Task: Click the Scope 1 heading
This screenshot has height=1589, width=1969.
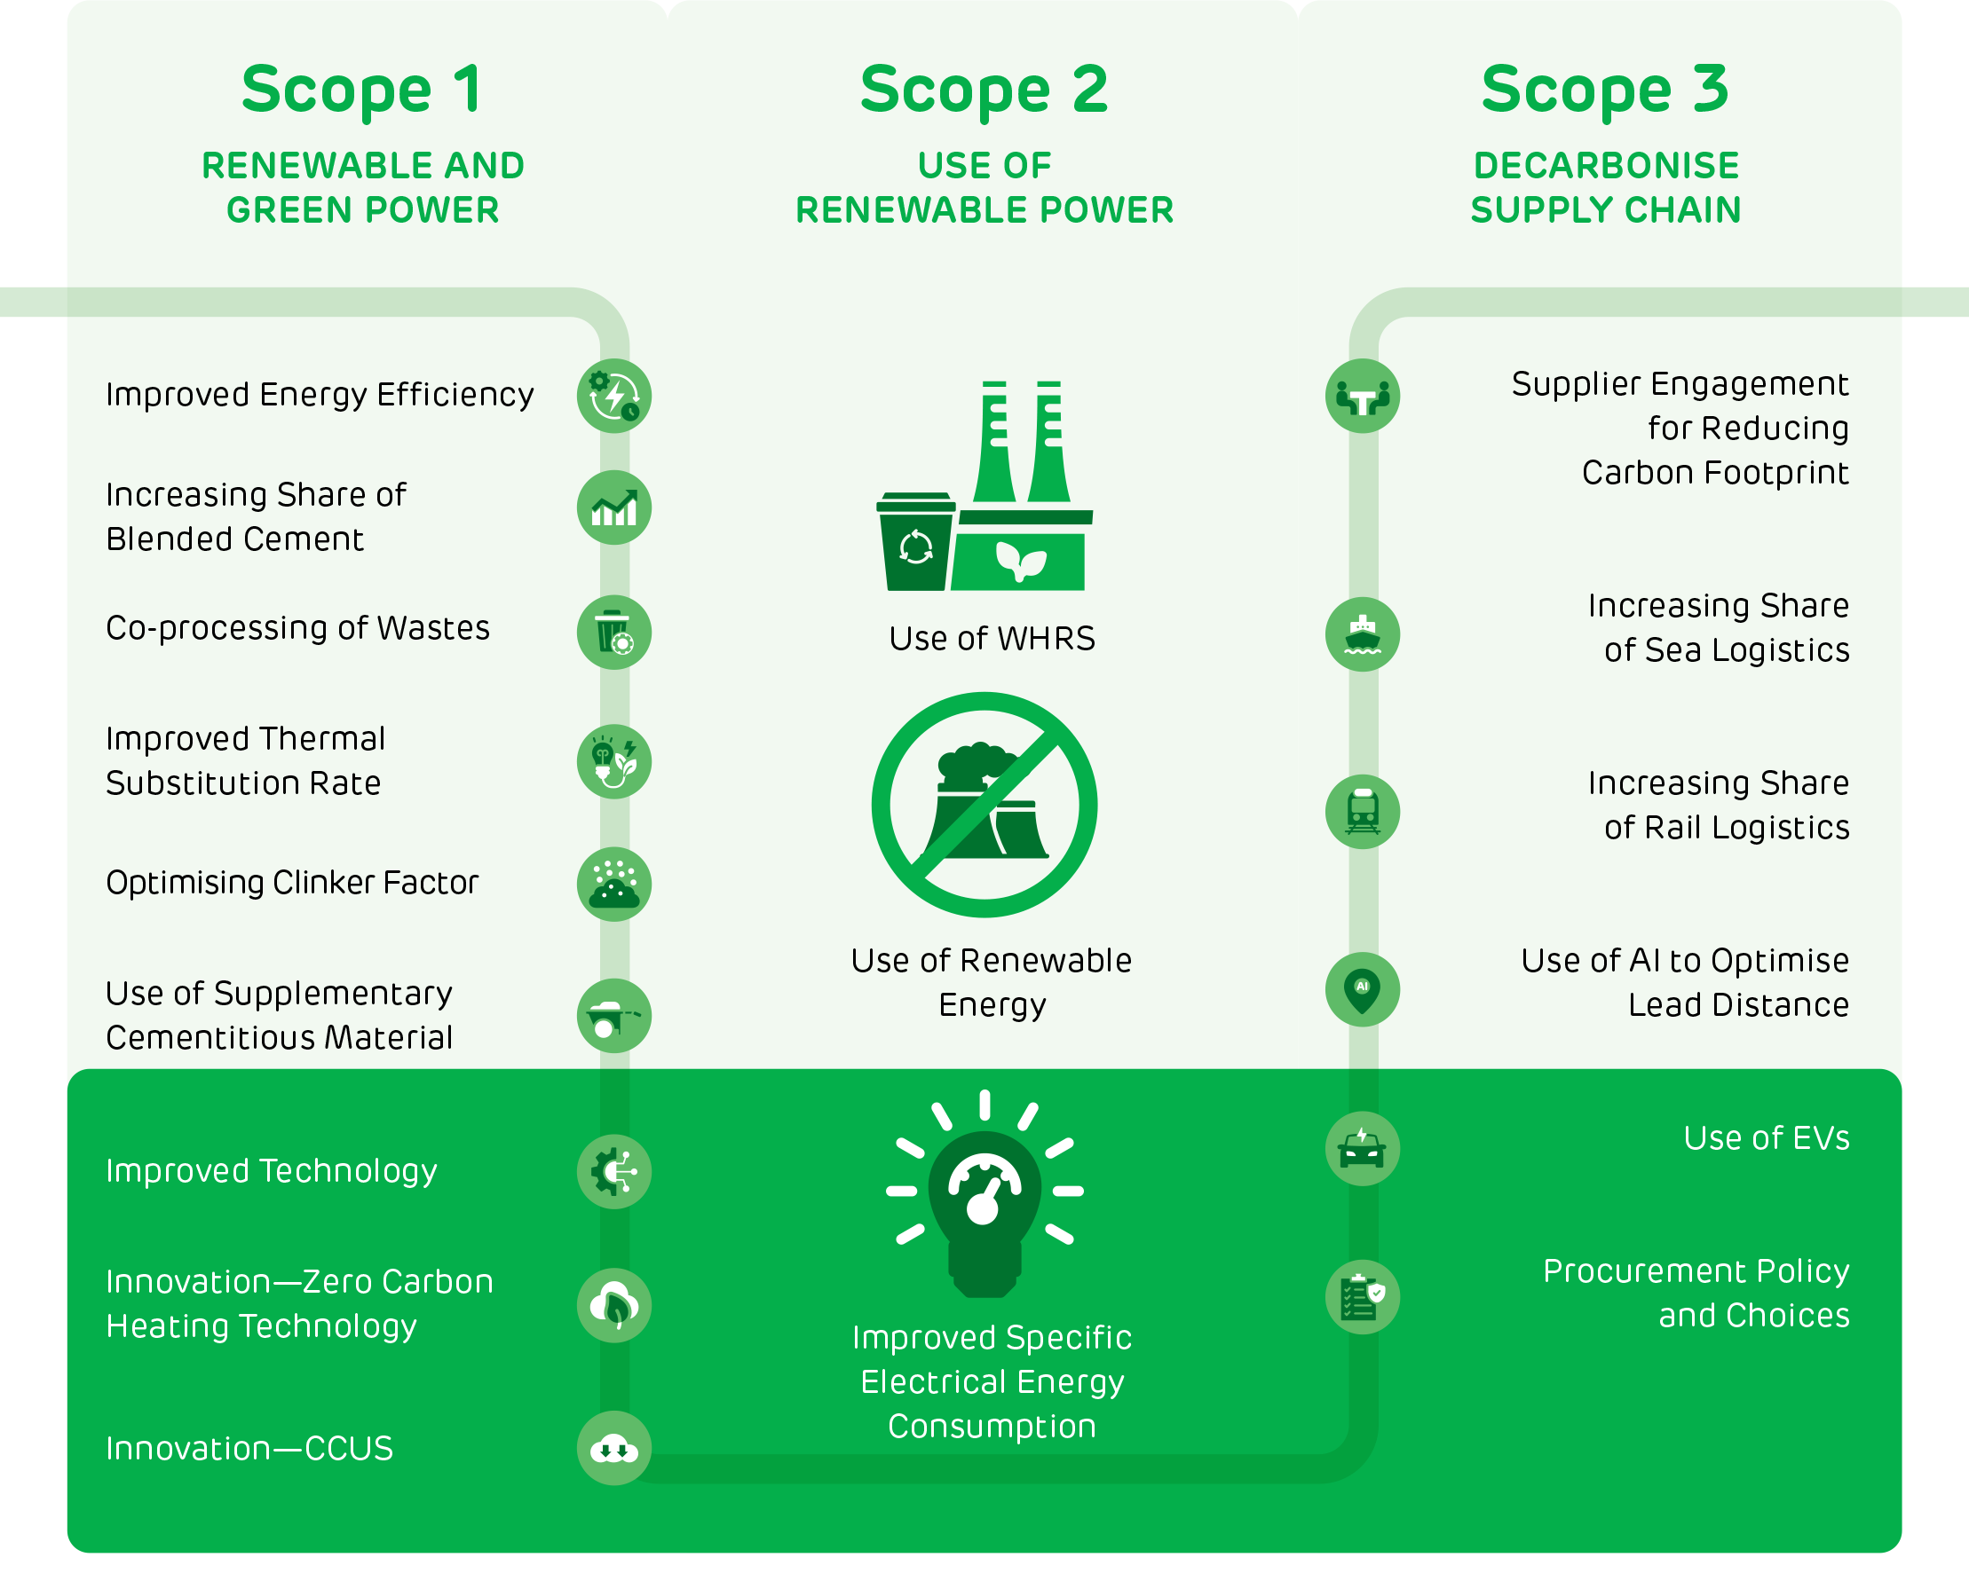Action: pyautogui.click(x=363, y=90)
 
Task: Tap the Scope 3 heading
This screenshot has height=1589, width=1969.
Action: pyautogui.click(x=1605, y=90)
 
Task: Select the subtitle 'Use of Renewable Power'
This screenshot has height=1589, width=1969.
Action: pyautogui.click(x=984, y=187)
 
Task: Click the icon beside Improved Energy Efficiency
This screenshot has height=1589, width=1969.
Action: pyautogui.click(x=613, y=396)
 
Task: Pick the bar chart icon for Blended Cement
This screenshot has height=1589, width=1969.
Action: pyautogui.click(x=613, y=507)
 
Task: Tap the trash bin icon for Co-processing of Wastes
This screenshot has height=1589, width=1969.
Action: pyautogui.click(x=613, y=632)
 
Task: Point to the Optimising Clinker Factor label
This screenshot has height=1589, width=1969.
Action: pyautogui.click(x=292, y=883)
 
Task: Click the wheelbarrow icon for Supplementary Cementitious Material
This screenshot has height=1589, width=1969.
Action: pyautogui.click(x=613, y=1015)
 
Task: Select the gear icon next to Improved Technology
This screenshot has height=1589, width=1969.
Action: pyautogui.click(x=613, y=1172)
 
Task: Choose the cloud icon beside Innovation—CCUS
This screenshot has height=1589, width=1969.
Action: pyautogui.click(x=613, y=1448)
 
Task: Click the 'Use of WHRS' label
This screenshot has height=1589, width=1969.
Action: pyautogui.click(x=992, y=639)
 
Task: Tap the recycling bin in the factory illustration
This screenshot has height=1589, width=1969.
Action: pyautogui.click(x=916, y=542)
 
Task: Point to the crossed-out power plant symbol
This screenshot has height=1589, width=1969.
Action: pyautogui.click(x=984, y=806)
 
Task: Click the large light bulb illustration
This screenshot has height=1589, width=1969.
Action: pyautogui.click(x=984, y=1194)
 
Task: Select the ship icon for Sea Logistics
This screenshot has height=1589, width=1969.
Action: pyautogui.click(x=1363, y=634)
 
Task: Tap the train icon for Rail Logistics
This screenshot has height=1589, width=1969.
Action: pyautogui.click(x=1363, y=812)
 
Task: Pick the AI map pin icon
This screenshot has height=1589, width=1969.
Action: pyautogui.click(x=1363, y=989)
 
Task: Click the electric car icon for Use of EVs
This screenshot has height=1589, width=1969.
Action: pyautogui.click(x=1363, y=1149)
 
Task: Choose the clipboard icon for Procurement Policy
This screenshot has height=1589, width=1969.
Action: pyautogui.click(x=1363, y=1297)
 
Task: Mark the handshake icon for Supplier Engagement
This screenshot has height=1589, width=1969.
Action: pyautogui.click(x=1363, y=396)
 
